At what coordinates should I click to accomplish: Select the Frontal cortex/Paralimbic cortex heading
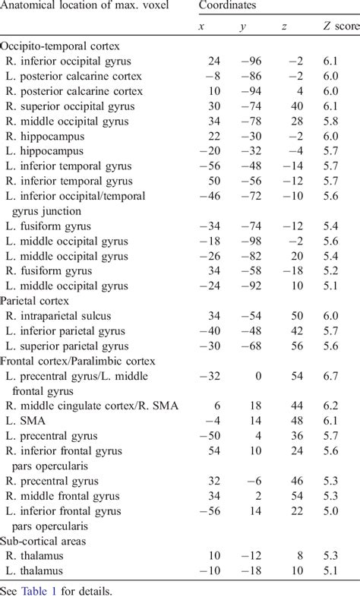coord(90,361)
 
